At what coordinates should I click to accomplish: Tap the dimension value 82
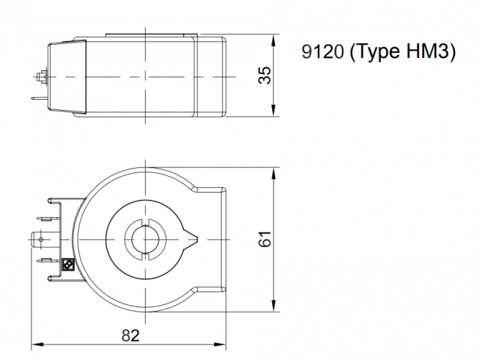click(130, 335)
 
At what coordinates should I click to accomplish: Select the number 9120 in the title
click(324, 53)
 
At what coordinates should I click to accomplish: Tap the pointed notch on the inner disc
click(192, 238)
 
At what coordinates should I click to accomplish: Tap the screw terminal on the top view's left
click(41, 76)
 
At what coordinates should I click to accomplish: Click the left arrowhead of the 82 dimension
click(34, 343)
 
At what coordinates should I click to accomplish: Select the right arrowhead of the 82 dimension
click(228, 343)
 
